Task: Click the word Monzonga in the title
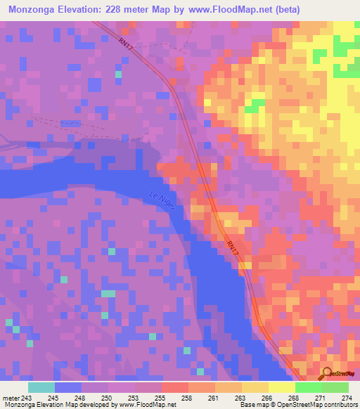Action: pyautogui.click(x=36, y=10)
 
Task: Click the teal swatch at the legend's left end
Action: pyautogui.click(x=41, y=387)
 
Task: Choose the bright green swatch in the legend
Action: pyautogui.click(x=309, y=387)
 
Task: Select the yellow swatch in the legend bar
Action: pyautogui.click(x=281, y=387)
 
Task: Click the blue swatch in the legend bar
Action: pyautogui.click(x=68, y=387)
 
